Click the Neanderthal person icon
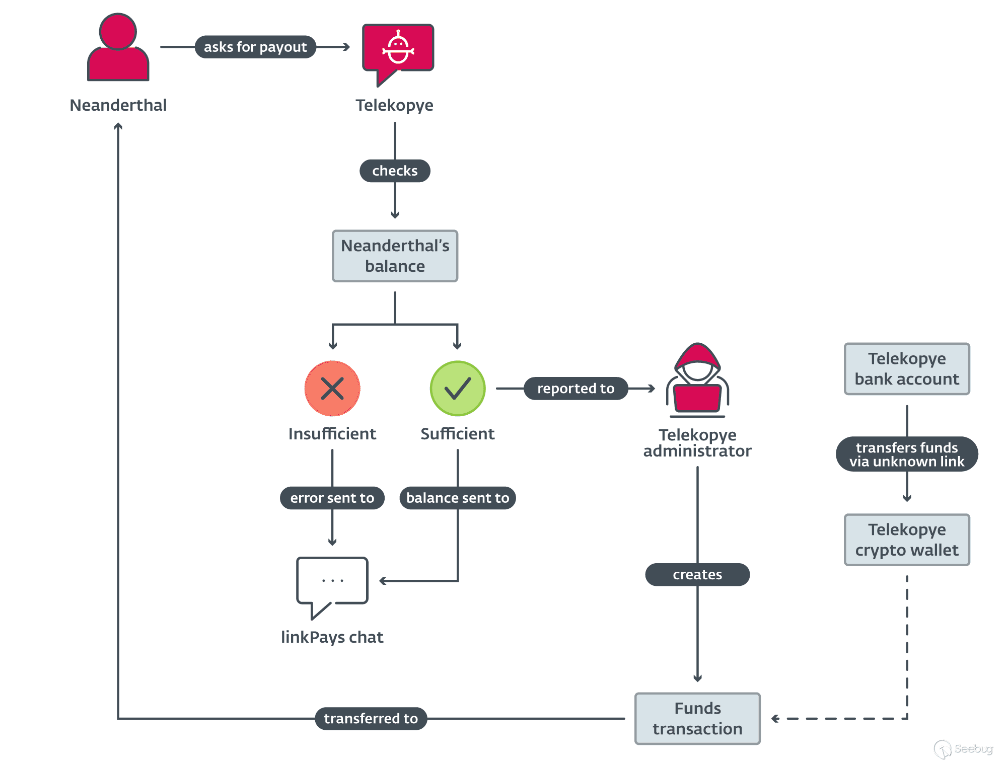[x=118, y=48]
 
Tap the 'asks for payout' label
[x=255, y=47]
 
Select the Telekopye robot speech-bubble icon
[x=398, y=49]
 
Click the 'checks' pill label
[x=395, y=171]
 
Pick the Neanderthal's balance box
[x=395, y=256]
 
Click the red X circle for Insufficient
[x=332, y=388]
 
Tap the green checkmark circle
[x=457, y=388]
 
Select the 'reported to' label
[x=576, y=388]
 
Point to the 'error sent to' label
[x=332, y=498]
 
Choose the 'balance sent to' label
[x=457, y=498]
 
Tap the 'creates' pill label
[x=697, y=574]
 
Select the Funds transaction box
[x=697, y=718]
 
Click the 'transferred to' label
[x=371, y=718]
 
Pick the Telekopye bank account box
[x=907, y=368]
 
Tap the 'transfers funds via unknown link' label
[x=907, y=454]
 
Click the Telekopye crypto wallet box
[x=907, y=540]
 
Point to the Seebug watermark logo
[x=963, y=749]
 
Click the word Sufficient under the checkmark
[x=457, y=433]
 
